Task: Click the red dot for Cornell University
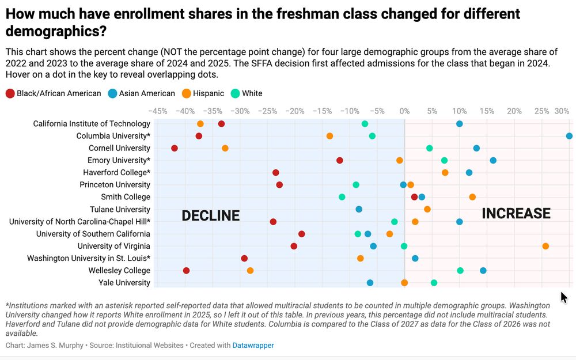click(175, 149)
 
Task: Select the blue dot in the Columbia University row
click(569, 136)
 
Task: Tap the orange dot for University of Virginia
click(545, 247)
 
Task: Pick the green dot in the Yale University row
click(434, 283)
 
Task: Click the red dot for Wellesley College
click(186, 271)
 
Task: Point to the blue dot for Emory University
click(493, 161)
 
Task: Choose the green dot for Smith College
click(342, 197)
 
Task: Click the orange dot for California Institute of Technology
click(200, 124)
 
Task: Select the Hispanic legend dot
click(187, 93)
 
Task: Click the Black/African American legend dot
click(10, 93)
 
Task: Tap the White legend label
click(252, 93)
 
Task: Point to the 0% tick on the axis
click(404, 110)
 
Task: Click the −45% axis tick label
click(158, 110)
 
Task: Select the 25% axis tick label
click(542, 110)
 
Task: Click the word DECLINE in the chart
click(210, 215)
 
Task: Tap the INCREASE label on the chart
click(516, 214)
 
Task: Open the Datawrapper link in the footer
click(253, 346)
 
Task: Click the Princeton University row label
click(115, 185)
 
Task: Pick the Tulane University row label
click(120, 210)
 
